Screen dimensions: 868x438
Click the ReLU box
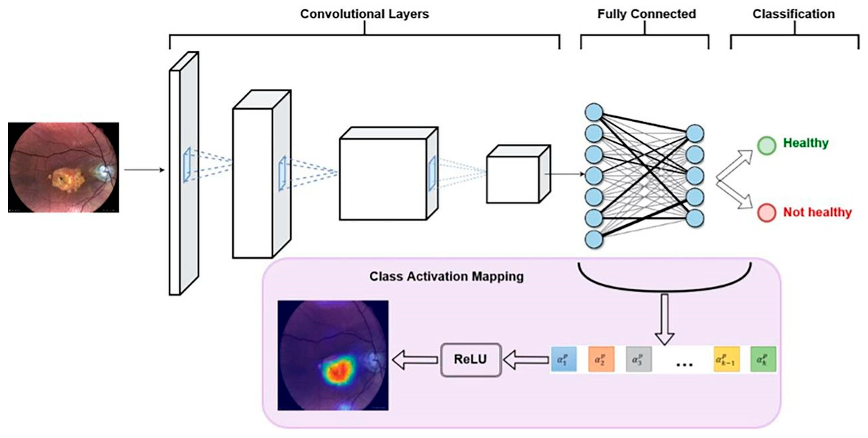tap(471, 360)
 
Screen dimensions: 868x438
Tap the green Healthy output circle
tap(767, 146)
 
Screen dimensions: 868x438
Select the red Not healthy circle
tap(767, 213)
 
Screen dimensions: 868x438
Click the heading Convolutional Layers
tap(365, 14)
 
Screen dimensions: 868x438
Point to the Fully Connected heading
tap(647, 14)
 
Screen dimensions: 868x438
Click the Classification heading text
tap(794, 14)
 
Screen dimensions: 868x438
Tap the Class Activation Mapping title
tap(447, 276)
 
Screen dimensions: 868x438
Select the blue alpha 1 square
tap(564, 359)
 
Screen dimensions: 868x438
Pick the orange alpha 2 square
tap(601, 359)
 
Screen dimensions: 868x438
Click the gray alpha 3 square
tap(639, 359)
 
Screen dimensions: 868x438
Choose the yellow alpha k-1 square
tap(727, 359)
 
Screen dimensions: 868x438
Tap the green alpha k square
tap(763, 359)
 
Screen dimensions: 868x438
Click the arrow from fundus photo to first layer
tap(144, 170)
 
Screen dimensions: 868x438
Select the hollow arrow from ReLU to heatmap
tap(415, 360)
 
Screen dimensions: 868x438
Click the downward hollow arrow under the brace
tap(664, 319)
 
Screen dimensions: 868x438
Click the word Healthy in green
tap(806, 143)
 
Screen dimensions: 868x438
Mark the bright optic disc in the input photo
tap(102, 171)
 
